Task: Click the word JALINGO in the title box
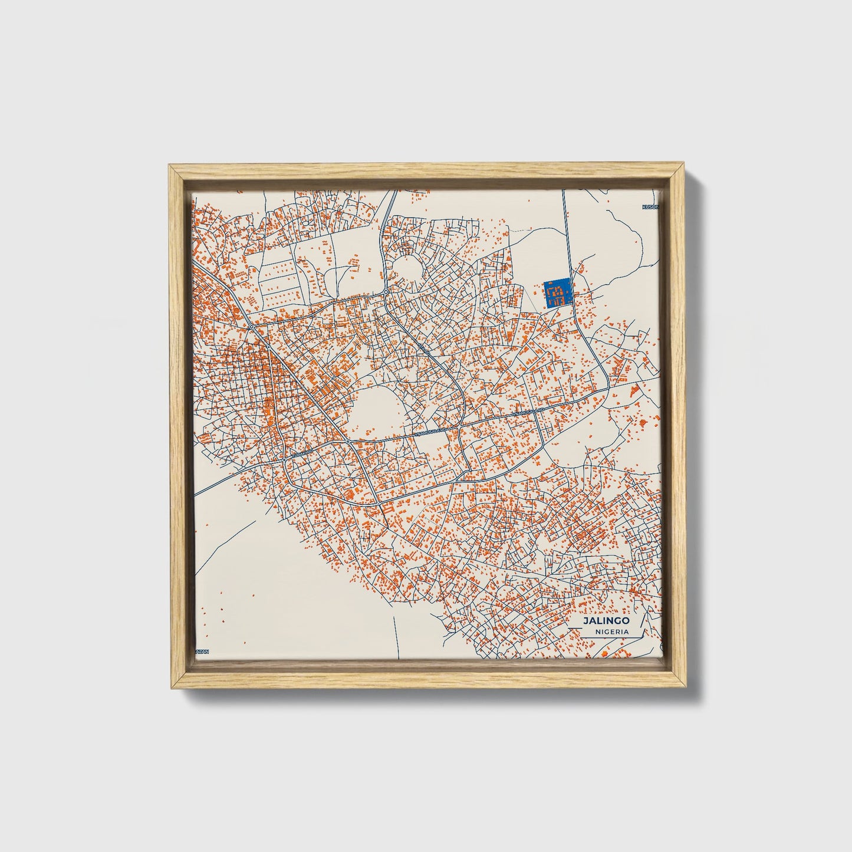tap(606, 621)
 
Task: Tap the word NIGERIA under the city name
tap(611, 631)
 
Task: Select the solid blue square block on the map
tap(557, 292)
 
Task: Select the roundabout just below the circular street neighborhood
tap(385, 292)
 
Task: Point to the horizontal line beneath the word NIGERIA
tap(607, 637)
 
